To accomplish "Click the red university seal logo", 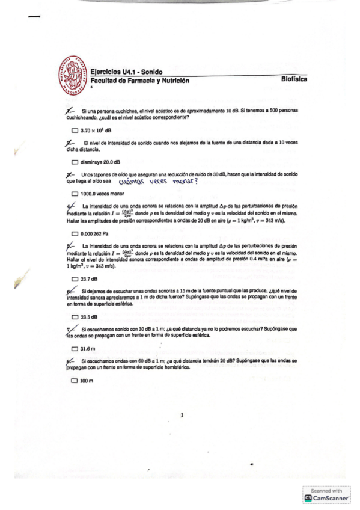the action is click(74, 76).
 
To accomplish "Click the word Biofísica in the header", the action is click(299, 79).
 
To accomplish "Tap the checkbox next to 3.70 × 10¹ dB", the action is click(75, 130).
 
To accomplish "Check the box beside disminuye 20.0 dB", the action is click(75, 162).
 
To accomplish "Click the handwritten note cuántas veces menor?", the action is click(158, 180).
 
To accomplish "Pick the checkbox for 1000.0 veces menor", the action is click(75, 194).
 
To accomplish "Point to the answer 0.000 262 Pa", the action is click(98, 233).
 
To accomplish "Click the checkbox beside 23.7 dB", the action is click(75, 278).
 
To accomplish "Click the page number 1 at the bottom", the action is click(182, 414).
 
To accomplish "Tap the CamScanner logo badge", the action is click(328, 498).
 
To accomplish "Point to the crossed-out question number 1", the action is click(70, 112).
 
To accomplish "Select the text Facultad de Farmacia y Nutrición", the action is click(139, 81).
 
